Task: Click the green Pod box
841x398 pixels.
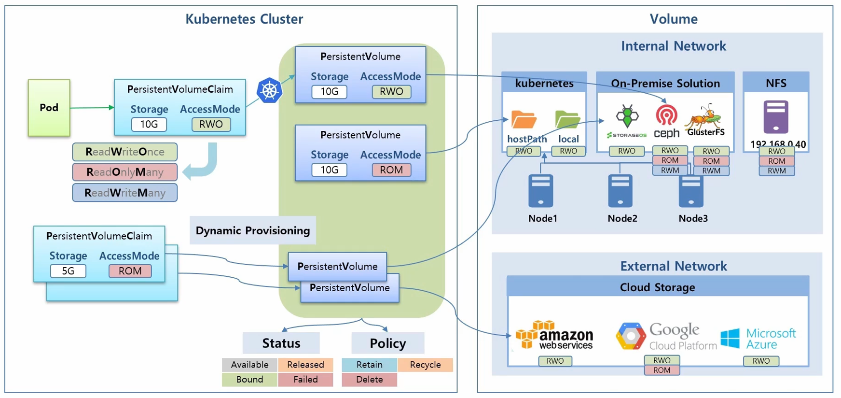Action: (49, 108)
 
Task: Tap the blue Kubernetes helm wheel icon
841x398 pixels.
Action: (269, 90)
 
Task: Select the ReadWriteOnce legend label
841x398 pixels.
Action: (125, 152)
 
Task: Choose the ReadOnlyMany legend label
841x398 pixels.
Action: (125, 172)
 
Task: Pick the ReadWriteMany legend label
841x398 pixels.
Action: (125, 193)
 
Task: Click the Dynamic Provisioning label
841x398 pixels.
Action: (253, 230)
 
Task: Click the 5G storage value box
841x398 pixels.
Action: (68, 271)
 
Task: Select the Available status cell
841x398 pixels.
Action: (249, 365)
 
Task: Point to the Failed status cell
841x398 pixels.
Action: (305, 380)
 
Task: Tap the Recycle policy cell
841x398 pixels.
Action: (425, 365)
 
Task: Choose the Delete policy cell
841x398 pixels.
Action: (369, 380)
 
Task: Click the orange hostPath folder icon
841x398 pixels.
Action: (524, 120)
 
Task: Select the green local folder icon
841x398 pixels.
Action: (567, 120)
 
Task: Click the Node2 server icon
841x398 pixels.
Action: (620, 191)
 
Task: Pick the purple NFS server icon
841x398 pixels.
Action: (776, 117)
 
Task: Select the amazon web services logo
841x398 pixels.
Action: (555, 335)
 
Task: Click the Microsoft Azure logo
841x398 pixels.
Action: (758, 339)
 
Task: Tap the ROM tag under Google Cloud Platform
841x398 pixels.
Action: (662, 370)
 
